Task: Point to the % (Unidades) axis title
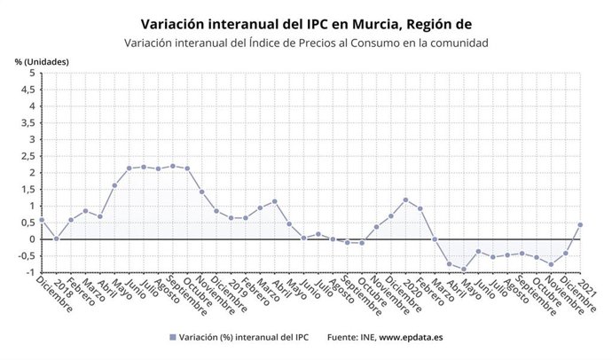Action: pos(42,61)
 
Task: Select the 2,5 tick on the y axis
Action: pos(28,156)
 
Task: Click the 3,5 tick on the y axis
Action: pos(28,122)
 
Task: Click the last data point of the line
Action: pos(580,224)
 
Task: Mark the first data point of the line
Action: pos(42,220)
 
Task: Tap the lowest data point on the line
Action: pos(464,270)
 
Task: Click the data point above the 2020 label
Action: pos(405,200)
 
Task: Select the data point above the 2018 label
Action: pos(56,239)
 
